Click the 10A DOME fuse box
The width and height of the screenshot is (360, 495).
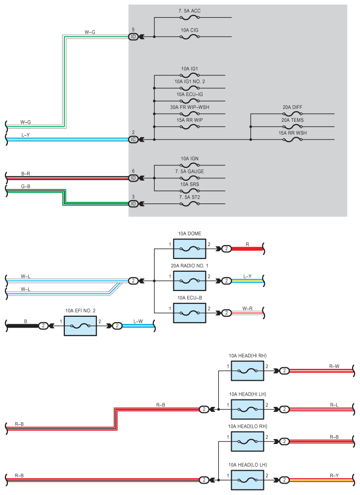pos(190,249)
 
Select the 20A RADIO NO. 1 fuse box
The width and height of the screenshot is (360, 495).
pos(190,281)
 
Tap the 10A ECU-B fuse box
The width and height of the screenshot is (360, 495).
pos(190,313)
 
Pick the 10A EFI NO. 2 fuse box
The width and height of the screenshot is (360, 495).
pos(80,326)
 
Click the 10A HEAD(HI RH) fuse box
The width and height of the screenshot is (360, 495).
pos(248,371)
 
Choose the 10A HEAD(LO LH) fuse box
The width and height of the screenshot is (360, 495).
pos(248,480)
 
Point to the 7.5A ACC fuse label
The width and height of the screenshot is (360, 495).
pos(190,11)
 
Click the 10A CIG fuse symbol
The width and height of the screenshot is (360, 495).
pos(190,37)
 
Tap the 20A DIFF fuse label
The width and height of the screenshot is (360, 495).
pos(293,107)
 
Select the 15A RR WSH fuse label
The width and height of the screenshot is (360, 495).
pos(293,133)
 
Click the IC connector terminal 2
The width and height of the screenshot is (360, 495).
pos(133,140)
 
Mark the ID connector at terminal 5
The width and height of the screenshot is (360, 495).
pos(133,37)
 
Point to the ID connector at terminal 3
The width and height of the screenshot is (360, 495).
pos(133,203)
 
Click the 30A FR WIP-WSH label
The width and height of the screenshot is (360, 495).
pos(190,107)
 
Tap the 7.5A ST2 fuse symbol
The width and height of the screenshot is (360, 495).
pos(190,203)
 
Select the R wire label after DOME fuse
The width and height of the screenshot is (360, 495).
pos(247,245)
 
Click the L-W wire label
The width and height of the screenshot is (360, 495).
pos(138,321)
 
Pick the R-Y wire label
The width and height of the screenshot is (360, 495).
pos(334,475)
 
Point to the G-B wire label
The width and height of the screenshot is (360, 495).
pos(26,187)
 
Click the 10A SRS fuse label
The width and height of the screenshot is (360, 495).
pos(190,184)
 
